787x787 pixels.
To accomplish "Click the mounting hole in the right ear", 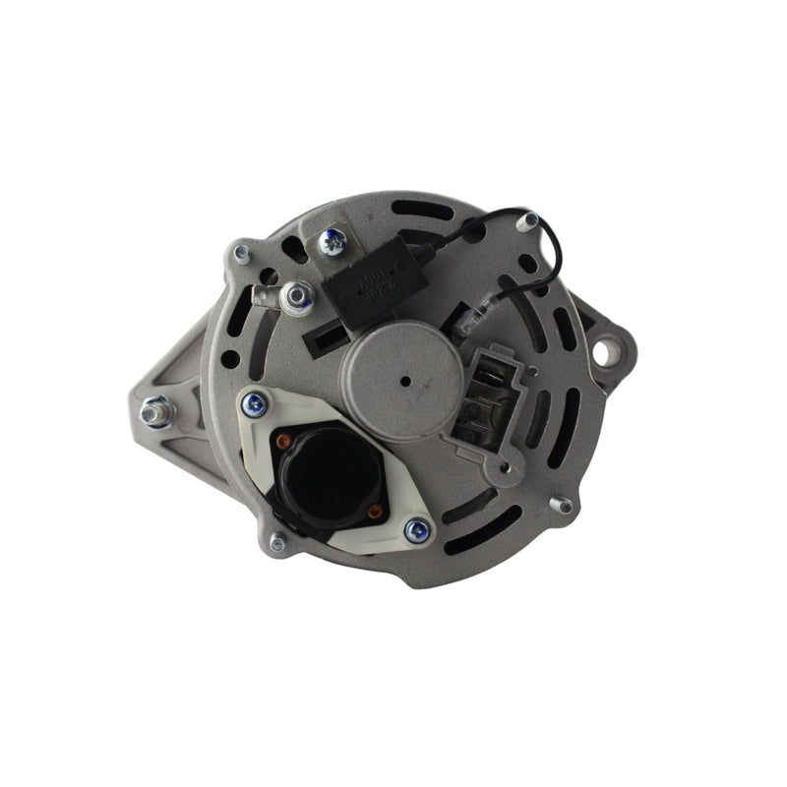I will click(607, 349).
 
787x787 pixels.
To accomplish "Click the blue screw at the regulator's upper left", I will click(255, 403).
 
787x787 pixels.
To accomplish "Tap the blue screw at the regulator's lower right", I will click(417, 531).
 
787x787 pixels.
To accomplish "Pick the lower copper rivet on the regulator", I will click(373, 512).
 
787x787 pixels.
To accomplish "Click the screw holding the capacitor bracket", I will click(333, 239).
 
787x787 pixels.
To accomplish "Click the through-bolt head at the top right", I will click(528, 222).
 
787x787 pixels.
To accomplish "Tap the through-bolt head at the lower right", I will click(562, 506).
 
